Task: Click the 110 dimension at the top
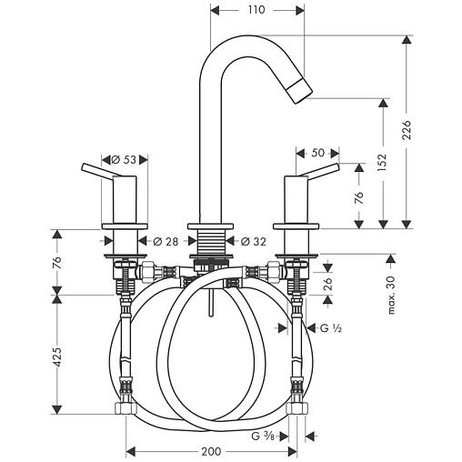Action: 256,10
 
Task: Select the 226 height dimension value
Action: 407,130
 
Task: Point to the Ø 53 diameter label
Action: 124,159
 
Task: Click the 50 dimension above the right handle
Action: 317,153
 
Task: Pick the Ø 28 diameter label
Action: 166,242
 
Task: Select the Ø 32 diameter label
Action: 254,242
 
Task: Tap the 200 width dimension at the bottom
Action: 211,452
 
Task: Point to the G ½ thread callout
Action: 331,327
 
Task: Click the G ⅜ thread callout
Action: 263,437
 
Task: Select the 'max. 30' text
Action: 391,295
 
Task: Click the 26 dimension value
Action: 327,283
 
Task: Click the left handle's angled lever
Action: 101,170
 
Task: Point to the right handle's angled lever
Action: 319,170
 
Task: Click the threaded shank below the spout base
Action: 211,241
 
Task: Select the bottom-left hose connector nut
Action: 126,408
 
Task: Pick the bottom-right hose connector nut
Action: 297,408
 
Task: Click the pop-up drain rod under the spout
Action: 211,302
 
